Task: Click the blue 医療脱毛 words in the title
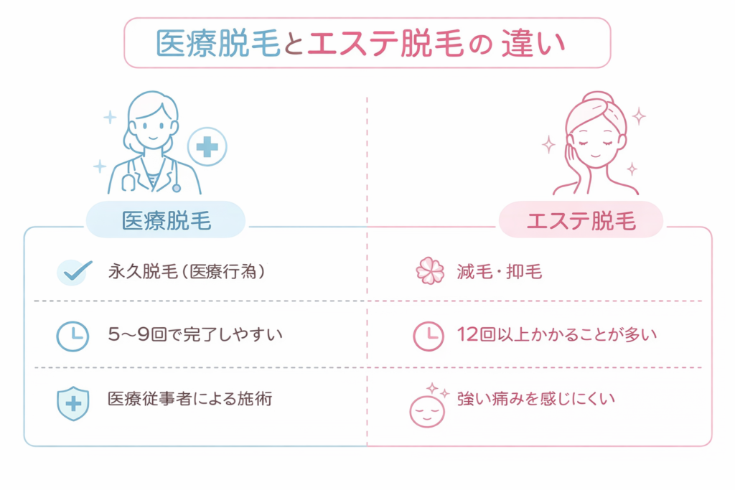[218, 44]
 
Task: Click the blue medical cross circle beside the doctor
[207, 147]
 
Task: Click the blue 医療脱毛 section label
[166, 220]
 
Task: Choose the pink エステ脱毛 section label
[580, 220]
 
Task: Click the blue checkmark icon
[73, 271]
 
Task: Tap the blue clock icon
[72, 335]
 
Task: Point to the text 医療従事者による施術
[189, 399]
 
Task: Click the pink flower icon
[430, 272]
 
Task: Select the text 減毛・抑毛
[498, 271]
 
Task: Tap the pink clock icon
[429, 335]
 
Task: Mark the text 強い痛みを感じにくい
[536, 399]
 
